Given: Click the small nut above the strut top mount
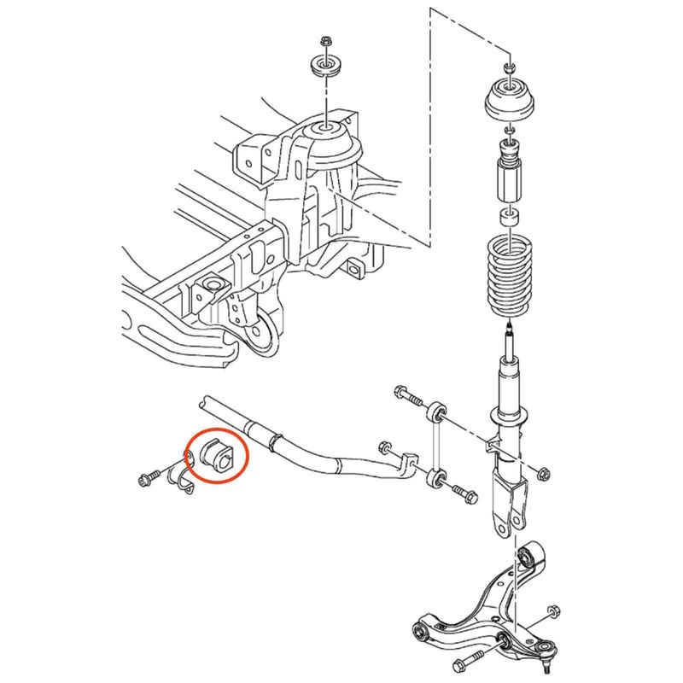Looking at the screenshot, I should [x=510, y=66].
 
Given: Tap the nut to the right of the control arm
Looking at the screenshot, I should [x=553, y=611].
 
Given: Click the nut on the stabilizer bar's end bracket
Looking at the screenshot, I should [x=383, y=446].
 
